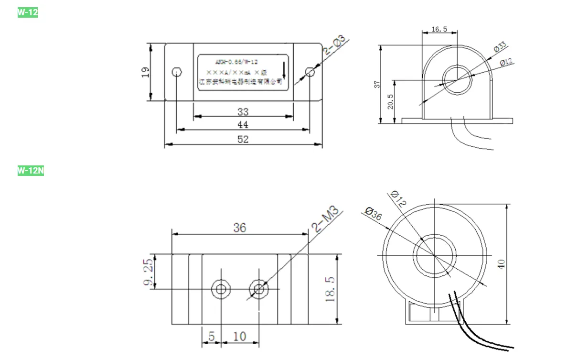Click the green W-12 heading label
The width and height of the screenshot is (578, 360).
point(27,13)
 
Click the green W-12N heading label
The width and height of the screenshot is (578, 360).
point(31,170)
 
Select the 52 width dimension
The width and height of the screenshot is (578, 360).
point(243,139)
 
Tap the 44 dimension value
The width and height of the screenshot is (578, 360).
point(243,125)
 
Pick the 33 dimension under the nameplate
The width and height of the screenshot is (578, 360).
point(243,112)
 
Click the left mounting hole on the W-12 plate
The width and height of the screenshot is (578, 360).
point(176,73)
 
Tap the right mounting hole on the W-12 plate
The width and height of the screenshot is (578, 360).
point(310,72)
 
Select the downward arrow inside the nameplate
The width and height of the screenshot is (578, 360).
point(284,71)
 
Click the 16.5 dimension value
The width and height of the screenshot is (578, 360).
point(439,29)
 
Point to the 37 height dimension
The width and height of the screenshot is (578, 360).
point(376,85)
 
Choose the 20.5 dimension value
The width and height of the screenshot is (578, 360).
point(390,101)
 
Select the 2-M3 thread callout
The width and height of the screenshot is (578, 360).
point(327,218)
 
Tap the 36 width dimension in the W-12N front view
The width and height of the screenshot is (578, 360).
point(240,228)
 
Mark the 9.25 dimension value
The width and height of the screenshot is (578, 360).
point(149,273)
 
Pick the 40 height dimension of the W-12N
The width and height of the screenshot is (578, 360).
point(502,264)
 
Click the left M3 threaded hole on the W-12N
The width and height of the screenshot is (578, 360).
point(221,289)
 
